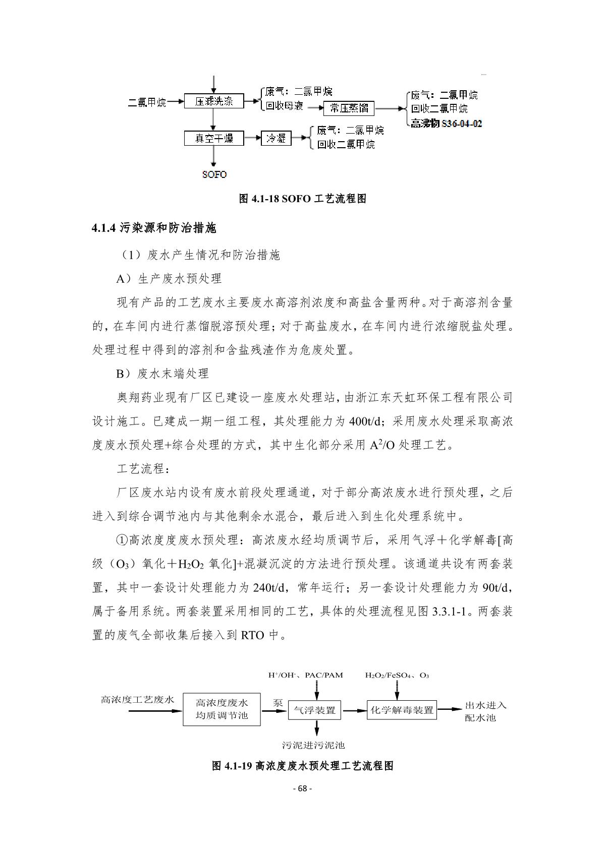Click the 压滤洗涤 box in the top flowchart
[x=214, y=101]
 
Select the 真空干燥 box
[x=214, y=138]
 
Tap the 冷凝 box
[x=276, y=138]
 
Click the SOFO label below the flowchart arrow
[x=214, y=175]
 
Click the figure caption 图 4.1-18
[x=302, y=199]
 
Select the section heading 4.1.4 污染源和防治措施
[x=154, y=228]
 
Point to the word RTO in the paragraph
[x=252, y=635]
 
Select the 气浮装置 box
[x=314, y=710]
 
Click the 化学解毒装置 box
[x=402, y=710]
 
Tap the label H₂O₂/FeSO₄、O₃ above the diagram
[x=397, y=675]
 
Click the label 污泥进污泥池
[x=313, y=745]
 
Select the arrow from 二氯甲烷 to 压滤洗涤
[x=175, y=102]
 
